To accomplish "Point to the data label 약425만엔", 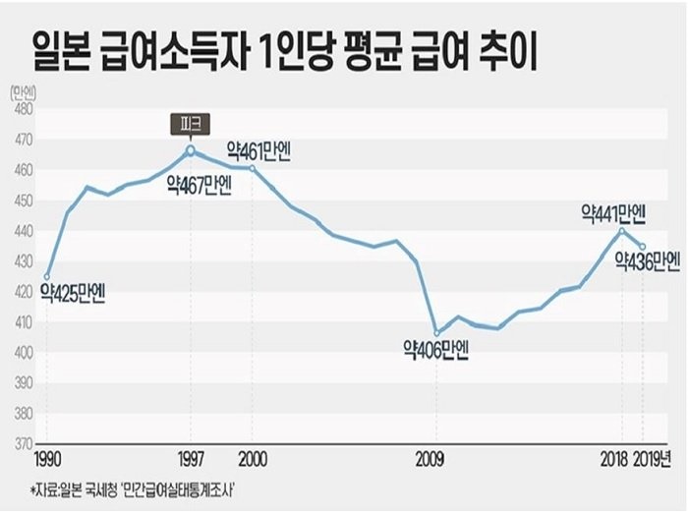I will tap(74, 292).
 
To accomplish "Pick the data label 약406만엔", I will tap(436, 349).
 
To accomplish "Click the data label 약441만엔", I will tap(613, 212).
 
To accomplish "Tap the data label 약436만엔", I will tap(648, 261).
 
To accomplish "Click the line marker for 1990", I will tap(46, 277).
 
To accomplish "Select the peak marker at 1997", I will tap(191, 150).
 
